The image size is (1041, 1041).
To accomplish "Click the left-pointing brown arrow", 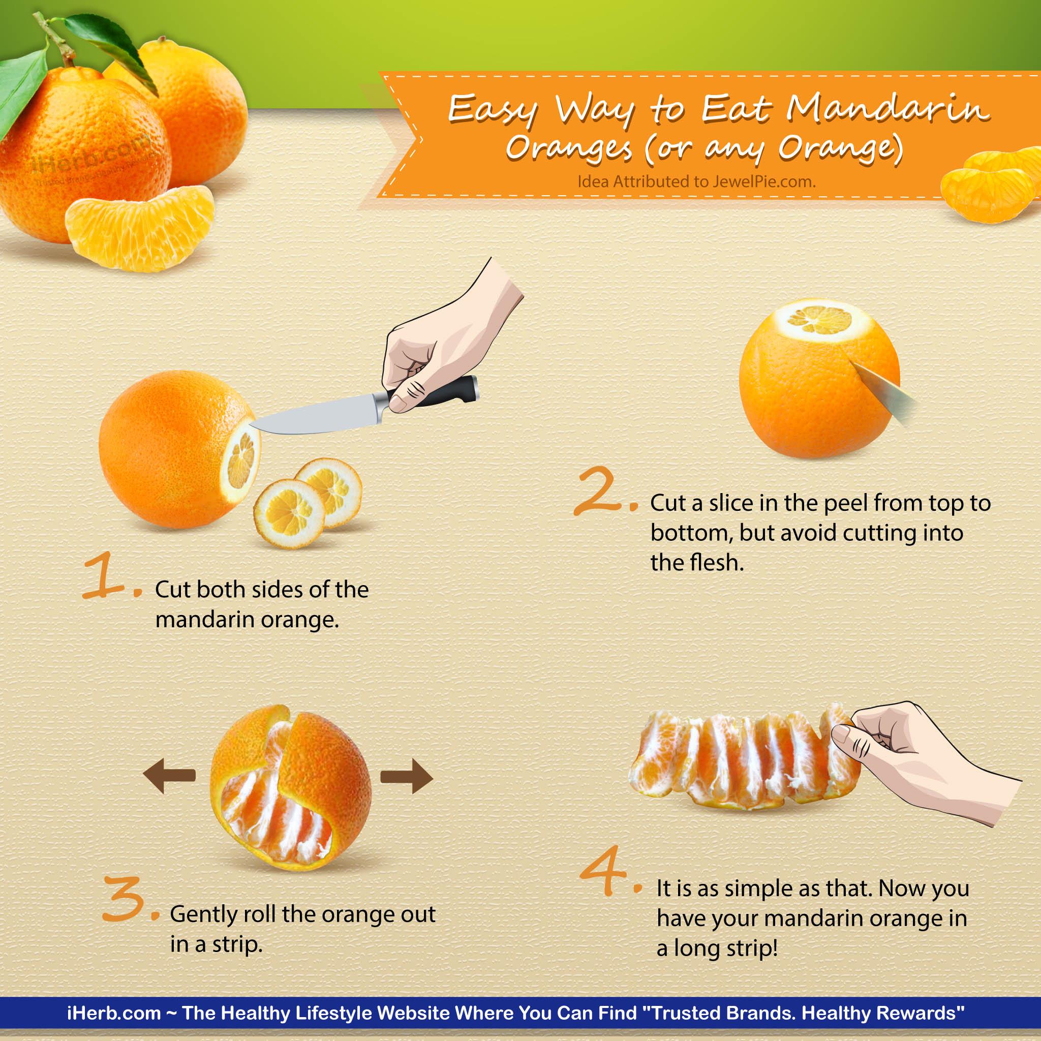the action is click(x=169, y=776).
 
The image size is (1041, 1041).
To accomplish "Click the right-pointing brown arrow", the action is click(x=407, y=776).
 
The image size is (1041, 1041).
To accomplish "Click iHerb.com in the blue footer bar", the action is click(x=114, y=1013).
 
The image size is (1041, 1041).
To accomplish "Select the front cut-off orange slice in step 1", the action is click(x=289, y=513).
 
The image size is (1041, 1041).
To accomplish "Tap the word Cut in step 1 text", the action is click(x=172, y=590).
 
